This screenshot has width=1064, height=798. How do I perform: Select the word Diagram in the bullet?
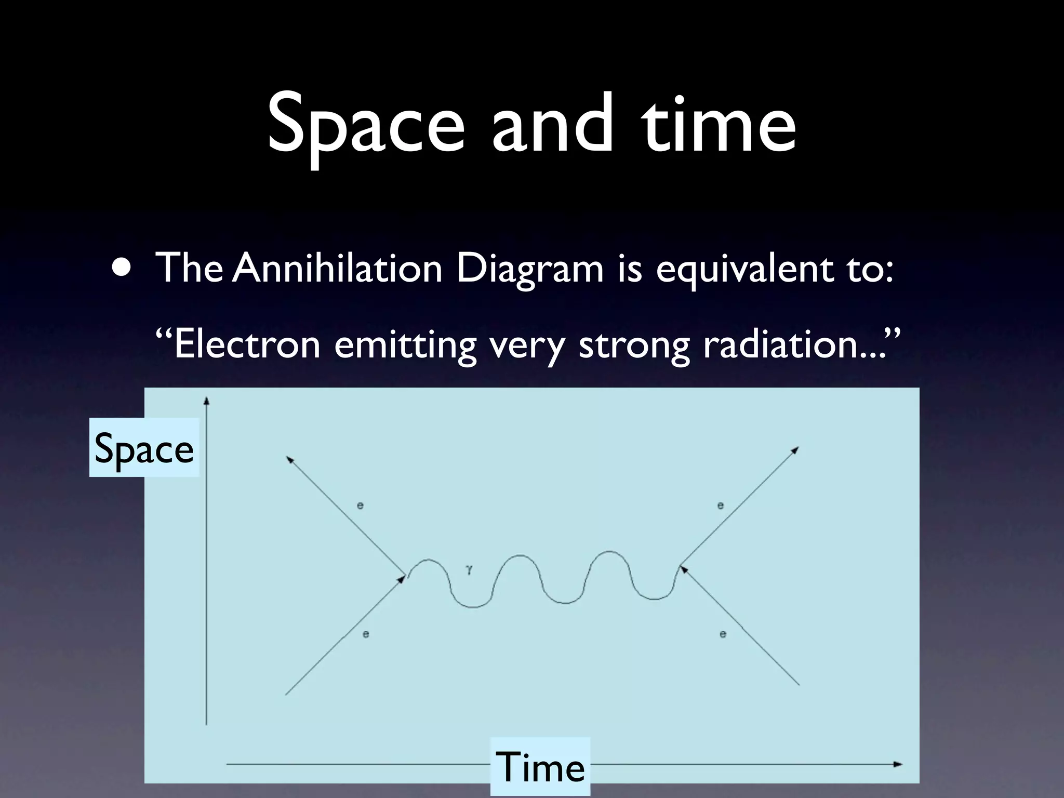tap(529, 269)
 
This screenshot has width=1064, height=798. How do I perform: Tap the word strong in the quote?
tap(633, 345)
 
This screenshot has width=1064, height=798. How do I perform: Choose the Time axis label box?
tap(540, 767)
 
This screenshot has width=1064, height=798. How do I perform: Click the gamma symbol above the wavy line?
tap(469, 569)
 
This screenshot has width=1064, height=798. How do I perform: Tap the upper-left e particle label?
tap(360, 505)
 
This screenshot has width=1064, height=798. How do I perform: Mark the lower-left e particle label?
tap(366, 634)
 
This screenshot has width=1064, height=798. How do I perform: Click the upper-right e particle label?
tap(721, 505)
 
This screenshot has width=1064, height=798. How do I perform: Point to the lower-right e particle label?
tap(723, 634)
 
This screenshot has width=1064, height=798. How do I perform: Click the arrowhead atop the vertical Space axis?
tap(206, 401)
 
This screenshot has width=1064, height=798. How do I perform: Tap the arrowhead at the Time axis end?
tap(898, 764)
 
